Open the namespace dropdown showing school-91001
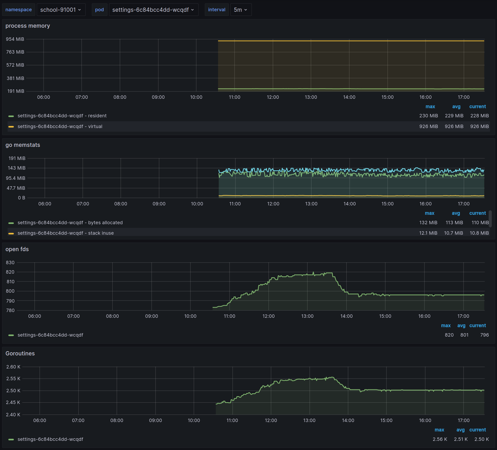click(61, 10)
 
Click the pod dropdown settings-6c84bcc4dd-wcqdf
click(153, 10)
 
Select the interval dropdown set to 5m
click(241, 10)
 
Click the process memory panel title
click(28, 26)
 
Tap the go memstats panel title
click(23, 145)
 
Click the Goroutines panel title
click(20, 354)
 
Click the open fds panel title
click(17, 249)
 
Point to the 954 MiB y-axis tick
click(15, 39)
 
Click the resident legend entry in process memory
click(62, 116)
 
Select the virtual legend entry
click(60, 126)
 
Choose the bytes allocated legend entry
click(70, 223)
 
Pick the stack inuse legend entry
click(65, 233)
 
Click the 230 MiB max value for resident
click(428, 116)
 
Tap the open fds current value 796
click(484, 335)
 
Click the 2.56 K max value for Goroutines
click(440, 439)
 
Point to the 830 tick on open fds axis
click(10, 263)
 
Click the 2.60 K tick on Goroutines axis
click(13, 367)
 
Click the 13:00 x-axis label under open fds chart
click(307, 316)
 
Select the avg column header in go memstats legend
click(456, 213)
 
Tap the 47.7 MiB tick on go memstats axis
click(16, 188)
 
